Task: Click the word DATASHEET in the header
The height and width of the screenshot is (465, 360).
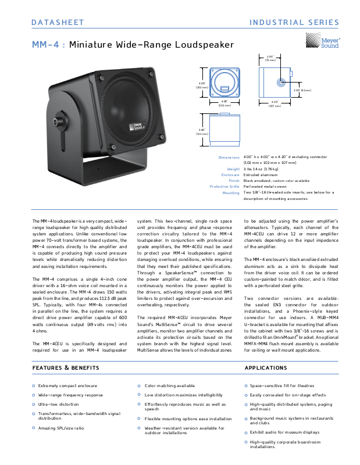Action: pos(58,23)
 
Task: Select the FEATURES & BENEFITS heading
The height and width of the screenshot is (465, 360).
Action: pos(66,368)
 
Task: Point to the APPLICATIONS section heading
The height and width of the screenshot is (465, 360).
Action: pos(266,368)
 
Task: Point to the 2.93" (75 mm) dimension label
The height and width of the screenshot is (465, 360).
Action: pos(270,58)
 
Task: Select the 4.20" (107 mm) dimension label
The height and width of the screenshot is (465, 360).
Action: pos(275,104)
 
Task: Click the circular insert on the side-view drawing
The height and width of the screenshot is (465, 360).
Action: pos(282,82)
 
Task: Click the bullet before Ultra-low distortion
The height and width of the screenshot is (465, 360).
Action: pos(34,404)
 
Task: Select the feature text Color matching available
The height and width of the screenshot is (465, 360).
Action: pos(170,386)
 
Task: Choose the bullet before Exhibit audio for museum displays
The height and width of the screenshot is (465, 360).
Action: pos(246,432)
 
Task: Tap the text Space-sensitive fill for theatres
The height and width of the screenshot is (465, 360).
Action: pos(282,386)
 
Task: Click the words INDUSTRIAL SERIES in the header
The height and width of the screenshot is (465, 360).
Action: pos(294,23)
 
